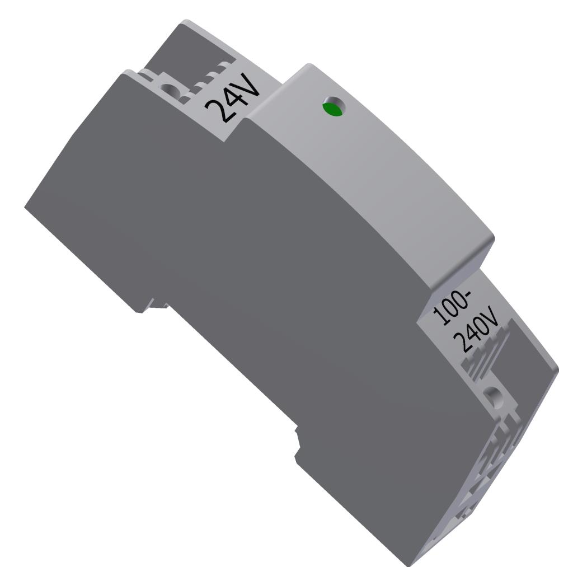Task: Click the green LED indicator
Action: (x=332, y=109)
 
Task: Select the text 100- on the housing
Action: (x=452, y=309)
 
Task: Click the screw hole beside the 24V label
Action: (x=167, y=88)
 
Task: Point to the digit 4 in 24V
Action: (x=232, y=98)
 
